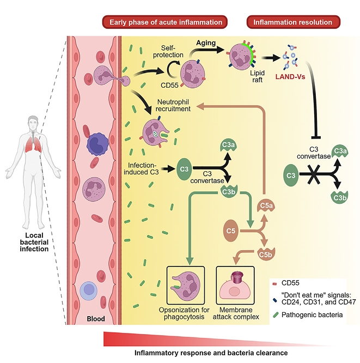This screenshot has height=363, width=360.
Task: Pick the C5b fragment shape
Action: coord(265,254)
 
